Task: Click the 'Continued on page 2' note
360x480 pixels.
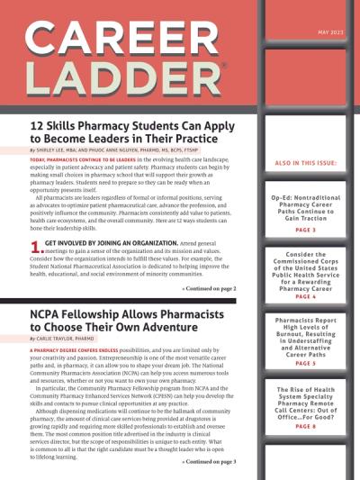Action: [210, 264]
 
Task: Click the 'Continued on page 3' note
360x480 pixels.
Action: [210, 461]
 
